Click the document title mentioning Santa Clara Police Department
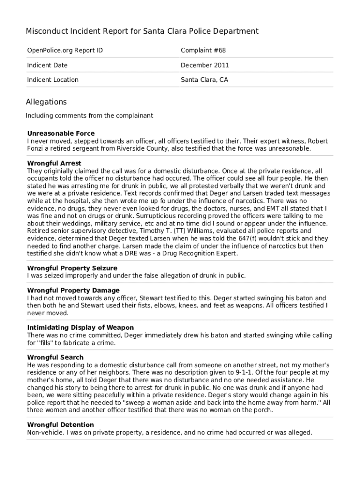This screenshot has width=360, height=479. (142, 31)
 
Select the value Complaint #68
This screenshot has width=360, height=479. (203, 51)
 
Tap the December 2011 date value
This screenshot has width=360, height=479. (205, 65)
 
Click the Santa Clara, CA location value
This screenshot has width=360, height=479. (204, 80)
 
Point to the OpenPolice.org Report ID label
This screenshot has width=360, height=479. (65, 51)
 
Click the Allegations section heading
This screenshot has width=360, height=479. (46, 102)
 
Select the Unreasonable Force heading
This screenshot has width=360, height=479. (61, 134)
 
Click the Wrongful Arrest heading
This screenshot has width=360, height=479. (54, 164)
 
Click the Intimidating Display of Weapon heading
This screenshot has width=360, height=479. (80, 328)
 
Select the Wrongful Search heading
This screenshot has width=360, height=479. (55, 358)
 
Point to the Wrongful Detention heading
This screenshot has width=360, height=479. (60, 425)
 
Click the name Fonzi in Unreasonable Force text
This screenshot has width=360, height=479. (36, 149)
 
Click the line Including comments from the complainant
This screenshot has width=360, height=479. (89, 116)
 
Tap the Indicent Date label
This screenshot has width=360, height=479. (47, 65)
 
